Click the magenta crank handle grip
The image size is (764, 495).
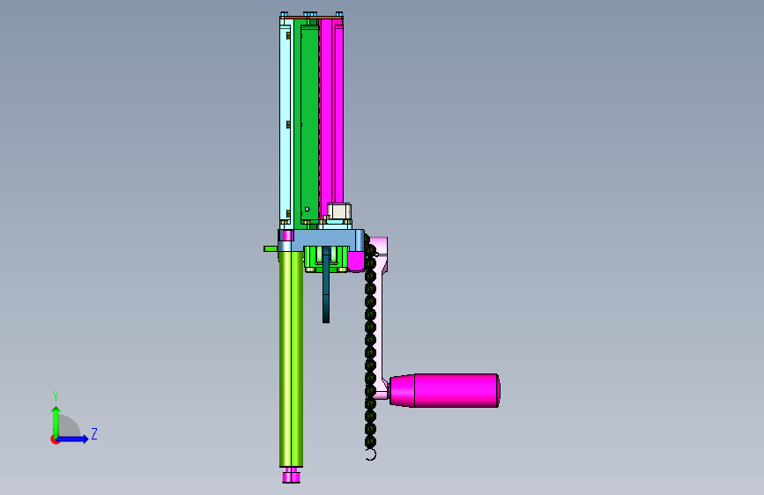(x=444, y=390)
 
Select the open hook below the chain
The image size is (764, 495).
(x=372, y=455)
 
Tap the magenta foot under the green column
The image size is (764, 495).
(x=291, y=475)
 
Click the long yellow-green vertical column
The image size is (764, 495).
(x=291, y=358)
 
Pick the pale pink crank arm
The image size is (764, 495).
(x=381, y=312)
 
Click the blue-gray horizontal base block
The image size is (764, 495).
(x=322, y=238)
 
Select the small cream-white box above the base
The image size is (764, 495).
(x=339, y=211)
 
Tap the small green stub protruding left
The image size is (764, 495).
(x=271, y=248)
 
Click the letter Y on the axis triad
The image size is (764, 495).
(x=56, y=395)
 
